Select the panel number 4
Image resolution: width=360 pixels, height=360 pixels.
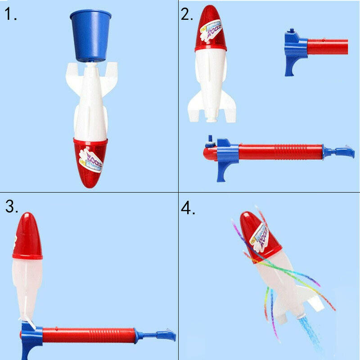(188, 207)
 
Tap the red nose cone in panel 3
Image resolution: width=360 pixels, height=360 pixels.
(27, 236)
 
